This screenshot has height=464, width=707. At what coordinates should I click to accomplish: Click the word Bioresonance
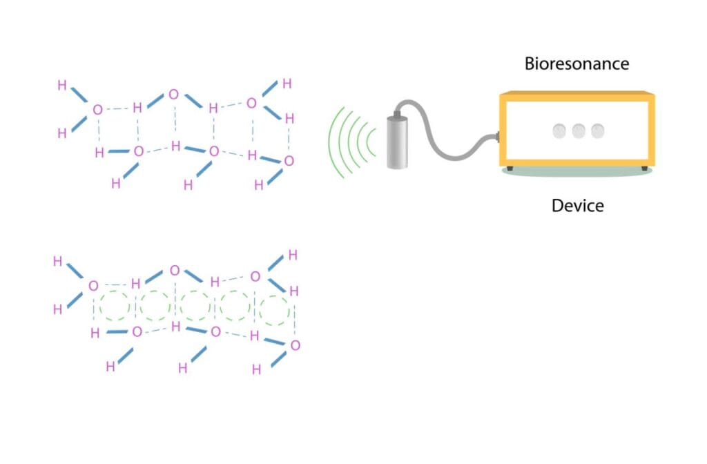pos(577,64)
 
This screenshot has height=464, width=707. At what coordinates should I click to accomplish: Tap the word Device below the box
pos(577,205)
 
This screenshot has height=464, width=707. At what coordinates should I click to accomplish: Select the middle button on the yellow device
pos(579,130)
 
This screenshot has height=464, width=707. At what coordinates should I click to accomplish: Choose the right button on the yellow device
pos(596,130)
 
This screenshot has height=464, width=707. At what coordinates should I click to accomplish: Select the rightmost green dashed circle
pos(275,309)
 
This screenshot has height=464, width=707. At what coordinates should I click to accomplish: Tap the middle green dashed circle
pos(195,305)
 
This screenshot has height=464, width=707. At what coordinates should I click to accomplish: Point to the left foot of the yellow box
pos(510,168)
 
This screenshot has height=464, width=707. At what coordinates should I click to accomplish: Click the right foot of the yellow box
pos(644,168)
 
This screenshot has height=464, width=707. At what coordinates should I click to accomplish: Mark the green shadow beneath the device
pos(577,174)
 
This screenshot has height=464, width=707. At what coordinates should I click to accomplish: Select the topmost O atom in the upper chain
pos(173,95)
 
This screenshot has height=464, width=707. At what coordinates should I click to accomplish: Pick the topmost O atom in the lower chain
pos(174,271)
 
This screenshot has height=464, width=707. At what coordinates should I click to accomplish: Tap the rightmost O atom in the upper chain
pos(289,161)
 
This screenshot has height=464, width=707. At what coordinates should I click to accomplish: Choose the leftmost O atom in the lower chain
pos(93,285)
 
